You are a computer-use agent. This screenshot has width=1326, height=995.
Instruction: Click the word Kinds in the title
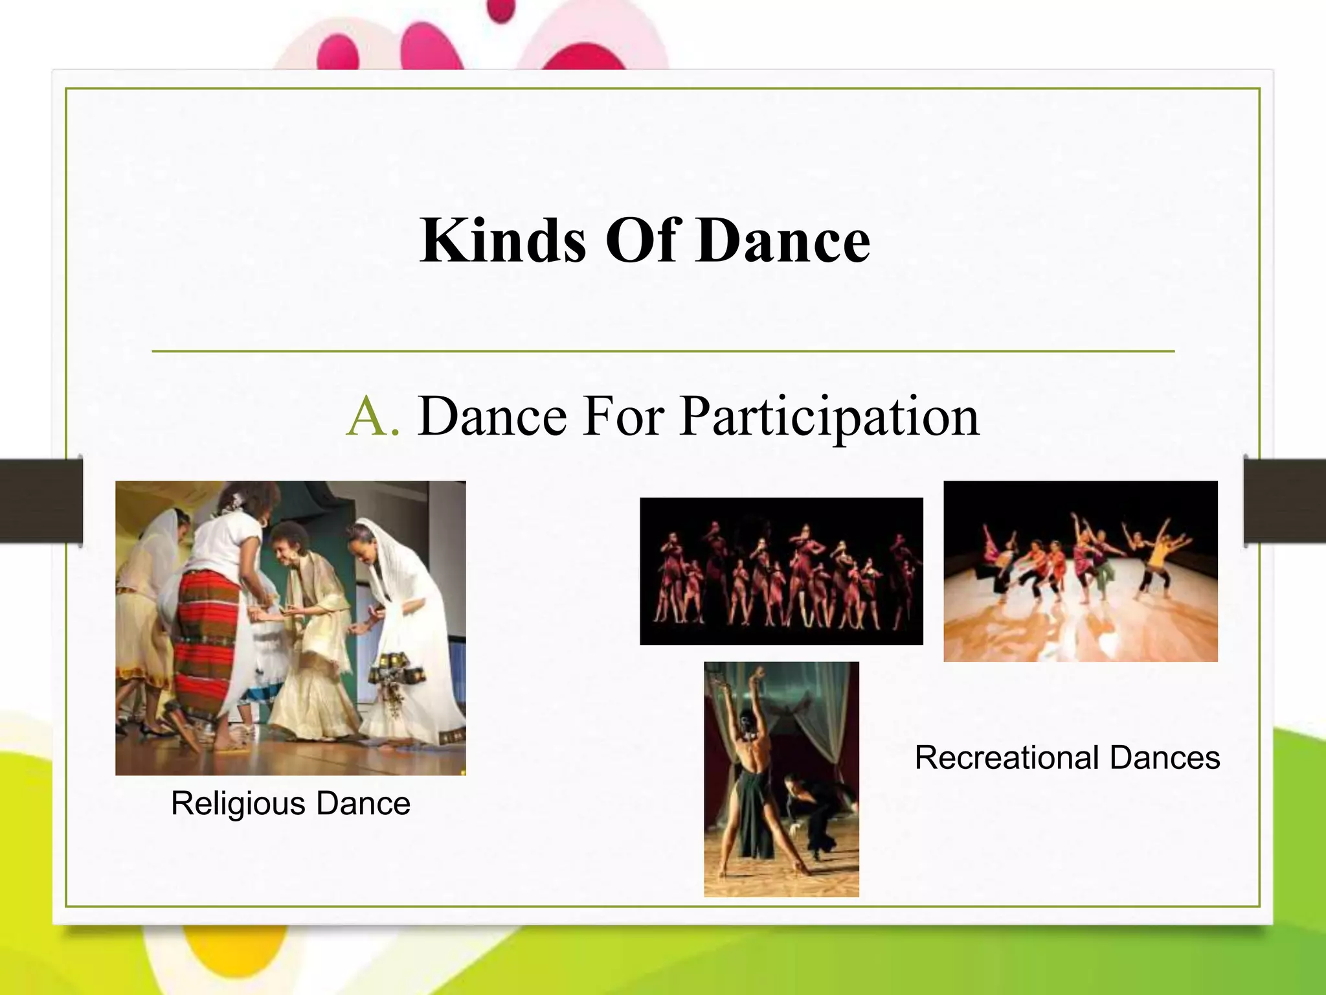(502, 241)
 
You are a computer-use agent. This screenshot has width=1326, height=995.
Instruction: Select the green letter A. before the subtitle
(373, 417)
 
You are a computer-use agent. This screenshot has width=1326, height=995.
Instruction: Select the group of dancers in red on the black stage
(781, 572)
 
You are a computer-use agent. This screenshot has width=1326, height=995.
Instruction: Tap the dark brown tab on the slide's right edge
(1285, 500)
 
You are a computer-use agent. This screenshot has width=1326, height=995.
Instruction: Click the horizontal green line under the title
(663, 351)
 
